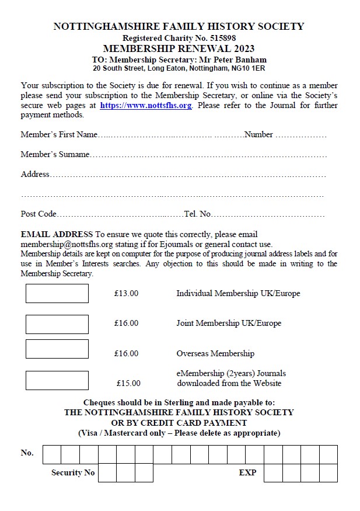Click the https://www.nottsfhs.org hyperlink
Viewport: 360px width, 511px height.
146,106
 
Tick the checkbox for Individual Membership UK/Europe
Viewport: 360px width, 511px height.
57,293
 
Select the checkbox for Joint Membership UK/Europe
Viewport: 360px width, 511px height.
57,324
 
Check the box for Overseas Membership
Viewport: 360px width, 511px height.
57,349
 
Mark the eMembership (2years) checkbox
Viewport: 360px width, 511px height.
57,380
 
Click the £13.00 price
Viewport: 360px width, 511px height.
127,293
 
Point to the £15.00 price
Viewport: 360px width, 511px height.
128,383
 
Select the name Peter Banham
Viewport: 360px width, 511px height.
239,60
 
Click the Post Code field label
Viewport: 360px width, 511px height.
39,214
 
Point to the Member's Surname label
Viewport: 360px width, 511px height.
55,155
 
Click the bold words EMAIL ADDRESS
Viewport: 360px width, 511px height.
57,235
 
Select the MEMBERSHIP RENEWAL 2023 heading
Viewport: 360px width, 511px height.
179,48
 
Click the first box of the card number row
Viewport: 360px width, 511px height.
52,454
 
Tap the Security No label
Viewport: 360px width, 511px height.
73,472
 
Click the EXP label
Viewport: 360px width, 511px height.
247,472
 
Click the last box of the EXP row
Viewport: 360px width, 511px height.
328,473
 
